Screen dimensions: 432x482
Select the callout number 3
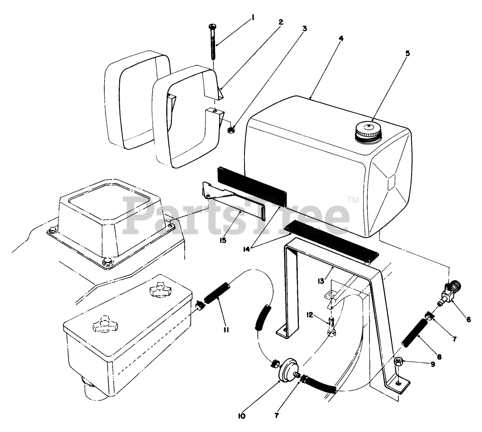pyautogui.click(x=303, y=29)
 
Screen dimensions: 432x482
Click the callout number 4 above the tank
pyautogui.click(x=341, y=38)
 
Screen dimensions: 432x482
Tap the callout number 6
pyautogui.click(x=468, y=319)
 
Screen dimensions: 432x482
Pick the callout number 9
pyautogui.click(x=433, y=364)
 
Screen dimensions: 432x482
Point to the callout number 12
pyautogui.click(x=310, y=315)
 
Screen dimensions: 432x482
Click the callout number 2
pyautogui.click(x=280, y=22)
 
